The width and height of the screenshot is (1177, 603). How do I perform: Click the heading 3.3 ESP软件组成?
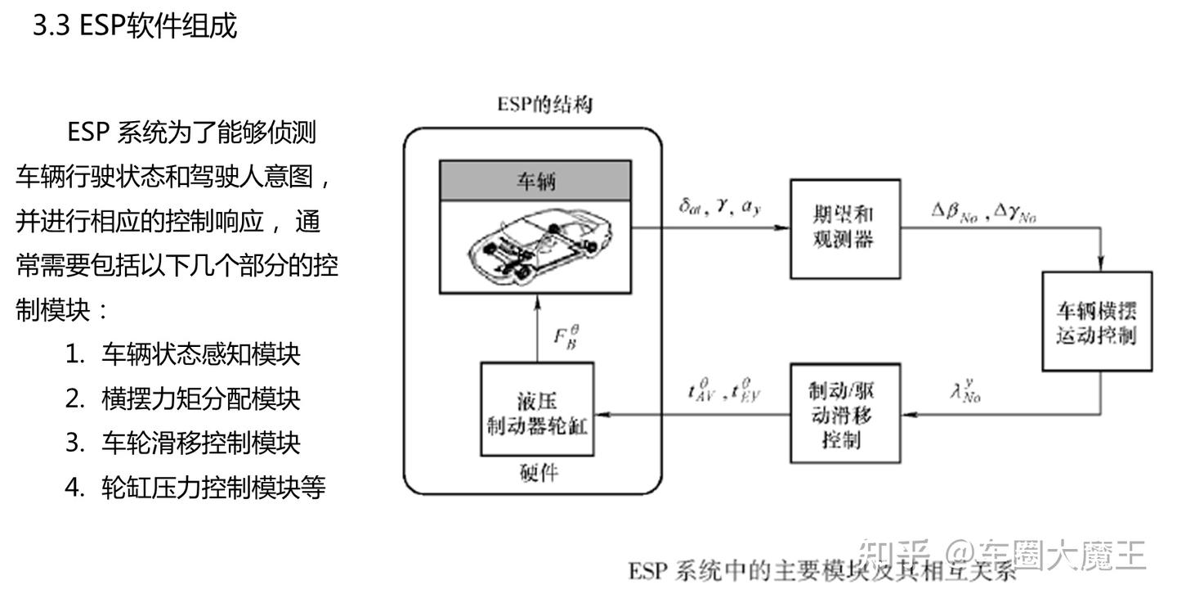click(x=135, y=26)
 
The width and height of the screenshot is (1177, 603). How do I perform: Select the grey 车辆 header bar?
click(x=535, y=181)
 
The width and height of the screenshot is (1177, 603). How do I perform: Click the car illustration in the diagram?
click(x=535, y=244)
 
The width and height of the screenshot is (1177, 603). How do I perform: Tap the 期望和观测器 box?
click(x=844, y=228)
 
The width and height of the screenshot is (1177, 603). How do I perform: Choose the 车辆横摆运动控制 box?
click(x=1095, y=322)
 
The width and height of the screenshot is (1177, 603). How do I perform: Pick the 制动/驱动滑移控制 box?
click(x=845, y=416)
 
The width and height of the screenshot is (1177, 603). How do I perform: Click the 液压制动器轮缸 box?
click(x=537, y=408)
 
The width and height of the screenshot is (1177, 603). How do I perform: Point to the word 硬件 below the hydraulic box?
click(x=539, y=473)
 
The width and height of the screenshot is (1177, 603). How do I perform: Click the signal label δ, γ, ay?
click(x=719, y=208)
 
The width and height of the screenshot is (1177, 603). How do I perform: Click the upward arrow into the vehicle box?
click(x=536, y=327)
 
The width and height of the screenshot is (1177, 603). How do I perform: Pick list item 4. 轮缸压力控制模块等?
click(x=195, y=487)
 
